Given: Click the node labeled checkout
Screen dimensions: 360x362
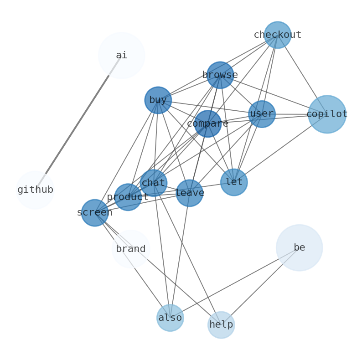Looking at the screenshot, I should [x=277, y=35].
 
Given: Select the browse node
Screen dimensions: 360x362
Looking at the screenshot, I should [x=220, y=75].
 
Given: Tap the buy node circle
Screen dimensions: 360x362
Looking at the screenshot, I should [x=158, y=100].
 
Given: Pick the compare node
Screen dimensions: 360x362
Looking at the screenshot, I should [x=208, y=123].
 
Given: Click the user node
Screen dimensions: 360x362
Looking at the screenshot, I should [x=262, y=114].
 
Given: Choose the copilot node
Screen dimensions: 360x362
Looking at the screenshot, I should [x=327, y=114].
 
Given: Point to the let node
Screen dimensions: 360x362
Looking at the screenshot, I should [x=234, y=182].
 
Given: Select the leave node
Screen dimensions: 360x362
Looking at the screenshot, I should [x=189, y=193].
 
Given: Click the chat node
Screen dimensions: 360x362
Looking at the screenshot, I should [x=153, y=183].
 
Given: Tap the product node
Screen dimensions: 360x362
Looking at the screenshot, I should [x=128, y=197].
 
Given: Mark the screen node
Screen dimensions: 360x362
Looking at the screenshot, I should [x=95, y=212].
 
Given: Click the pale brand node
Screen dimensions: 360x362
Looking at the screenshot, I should [x=131, y=249].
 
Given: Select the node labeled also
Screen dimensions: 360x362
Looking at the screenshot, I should [x=170, y=318].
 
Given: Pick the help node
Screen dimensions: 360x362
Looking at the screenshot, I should [x=221, y=325].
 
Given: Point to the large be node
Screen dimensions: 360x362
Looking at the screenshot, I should [x=299, y=247].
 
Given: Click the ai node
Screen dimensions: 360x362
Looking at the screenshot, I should [x=121, y=55].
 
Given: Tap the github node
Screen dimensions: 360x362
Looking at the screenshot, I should [x=35, y=190].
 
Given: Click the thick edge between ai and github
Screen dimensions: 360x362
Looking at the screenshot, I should [x=78, y=123].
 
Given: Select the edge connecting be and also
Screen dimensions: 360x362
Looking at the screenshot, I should [x=234, y=283].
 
